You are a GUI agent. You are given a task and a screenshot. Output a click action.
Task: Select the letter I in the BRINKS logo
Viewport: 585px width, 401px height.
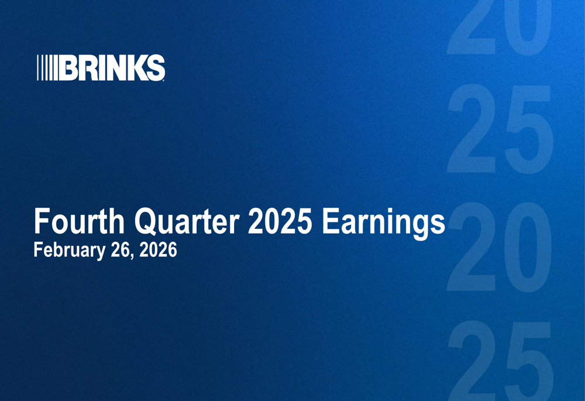click(101, 68)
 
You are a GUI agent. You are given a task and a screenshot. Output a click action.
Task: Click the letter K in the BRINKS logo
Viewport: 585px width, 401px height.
click(136, 68)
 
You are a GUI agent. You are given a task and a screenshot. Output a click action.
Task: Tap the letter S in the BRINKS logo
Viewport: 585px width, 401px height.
click(156, 68)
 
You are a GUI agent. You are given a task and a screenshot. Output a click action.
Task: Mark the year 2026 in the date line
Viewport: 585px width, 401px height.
click(157, 251)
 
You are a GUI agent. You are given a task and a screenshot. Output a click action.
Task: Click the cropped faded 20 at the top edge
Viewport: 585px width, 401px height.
click(500, 26)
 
